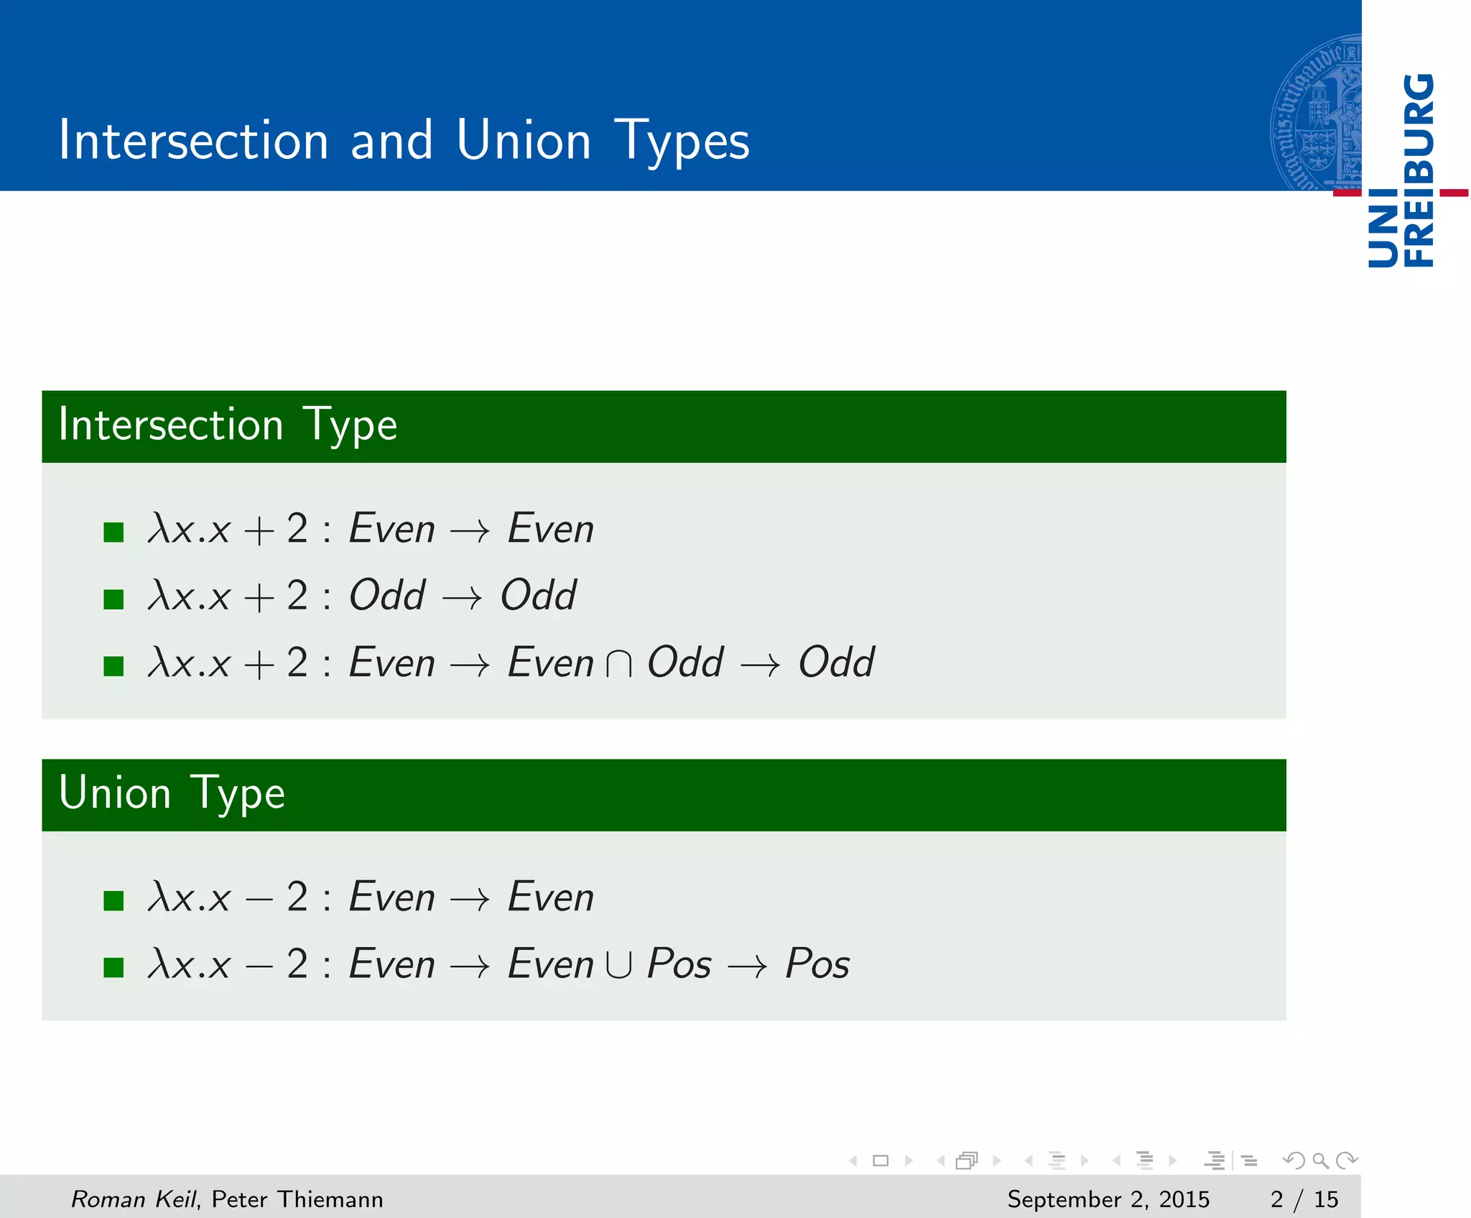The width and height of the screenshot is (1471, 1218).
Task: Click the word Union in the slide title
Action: click(523, 140)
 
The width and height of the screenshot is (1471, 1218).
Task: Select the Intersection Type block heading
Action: click(228, 425)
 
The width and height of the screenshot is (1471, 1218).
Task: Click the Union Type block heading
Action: click(172, 793)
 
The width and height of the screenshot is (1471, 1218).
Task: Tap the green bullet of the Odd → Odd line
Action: click(113, 599)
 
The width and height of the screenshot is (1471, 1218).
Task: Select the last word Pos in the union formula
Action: click(817, 964)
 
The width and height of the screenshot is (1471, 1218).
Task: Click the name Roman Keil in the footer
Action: click(133, 1199)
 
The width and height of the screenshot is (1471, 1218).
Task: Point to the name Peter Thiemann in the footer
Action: click(297, 1199)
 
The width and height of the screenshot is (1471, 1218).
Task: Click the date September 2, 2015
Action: click(1108, 1199)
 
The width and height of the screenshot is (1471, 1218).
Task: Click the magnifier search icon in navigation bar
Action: click(1320, 1161)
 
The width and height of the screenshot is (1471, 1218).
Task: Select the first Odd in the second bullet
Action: click(387, 596)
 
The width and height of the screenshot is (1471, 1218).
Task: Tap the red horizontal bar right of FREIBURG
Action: click(1454, 193)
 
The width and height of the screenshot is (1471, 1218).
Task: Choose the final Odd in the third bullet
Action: click(837, 663)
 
